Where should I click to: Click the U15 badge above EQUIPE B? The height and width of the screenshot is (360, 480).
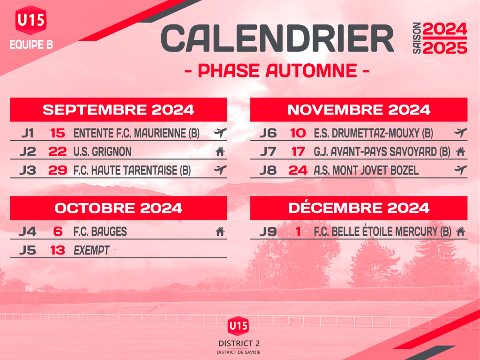pos(31,20)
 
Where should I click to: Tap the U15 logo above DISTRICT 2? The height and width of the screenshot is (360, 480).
pos(238,326)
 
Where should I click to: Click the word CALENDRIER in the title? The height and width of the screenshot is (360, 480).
pos(277,38)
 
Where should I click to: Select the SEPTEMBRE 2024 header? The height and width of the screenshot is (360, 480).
pos(118,110)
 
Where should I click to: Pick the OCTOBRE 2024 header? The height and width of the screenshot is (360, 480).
pos(118,208)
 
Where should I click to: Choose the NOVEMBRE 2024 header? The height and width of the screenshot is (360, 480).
pos(359,110)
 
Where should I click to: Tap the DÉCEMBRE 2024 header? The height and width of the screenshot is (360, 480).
pos(359,208)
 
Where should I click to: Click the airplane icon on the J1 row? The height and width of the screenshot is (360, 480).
pos(220,133)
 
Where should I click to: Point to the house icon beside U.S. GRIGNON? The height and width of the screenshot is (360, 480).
pos(220,151)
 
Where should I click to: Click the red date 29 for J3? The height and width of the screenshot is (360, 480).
pos(58,170)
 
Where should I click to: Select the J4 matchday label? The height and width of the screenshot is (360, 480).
pos(28,232)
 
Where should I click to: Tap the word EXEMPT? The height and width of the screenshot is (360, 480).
pos(91,250)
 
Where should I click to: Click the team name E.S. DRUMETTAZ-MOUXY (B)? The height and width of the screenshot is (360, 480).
pos(374,133)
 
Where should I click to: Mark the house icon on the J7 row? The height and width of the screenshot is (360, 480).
pos(460,151)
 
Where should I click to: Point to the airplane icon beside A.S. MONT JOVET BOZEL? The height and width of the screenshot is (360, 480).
pos(460,170)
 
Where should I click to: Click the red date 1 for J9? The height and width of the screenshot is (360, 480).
pos(298,232)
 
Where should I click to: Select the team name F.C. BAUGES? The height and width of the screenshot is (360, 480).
pos(100,232)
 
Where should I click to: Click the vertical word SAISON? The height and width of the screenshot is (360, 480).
pos(417,38)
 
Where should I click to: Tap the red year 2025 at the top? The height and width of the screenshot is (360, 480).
pos(445,48)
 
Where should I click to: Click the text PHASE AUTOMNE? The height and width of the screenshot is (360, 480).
pos(277,71)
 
